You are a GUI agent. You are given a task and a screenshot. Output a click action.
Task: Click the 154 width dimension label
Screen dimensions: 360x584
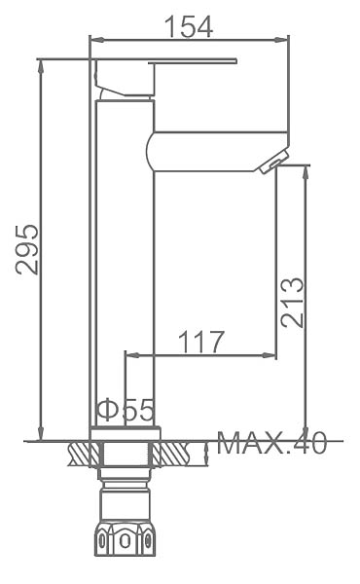point(189,26)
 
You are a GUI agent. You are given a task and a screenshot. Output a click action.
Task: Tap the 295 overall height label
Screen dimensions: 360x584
point(27,249)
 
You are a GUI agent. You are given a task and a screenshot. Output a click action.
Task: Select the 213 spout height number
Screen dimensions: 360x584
point(293,302)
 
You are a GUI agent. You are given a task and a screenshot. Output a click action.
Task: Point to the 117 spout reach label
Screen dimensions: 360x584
point(201,342)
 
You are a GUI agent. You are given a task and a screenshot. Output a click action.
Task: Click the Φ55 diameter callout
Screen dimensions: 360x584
point(126,410)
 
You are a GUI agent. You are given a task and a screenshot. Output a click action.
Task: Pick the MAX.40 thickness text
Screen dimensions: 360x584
point(271,443)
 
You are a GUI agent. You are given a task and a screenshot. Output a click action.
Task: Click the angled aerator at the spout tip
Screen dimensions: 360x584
point(274,162)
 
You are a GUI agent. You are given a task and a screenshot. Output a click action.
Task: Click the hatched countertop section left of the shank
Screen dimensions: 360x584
point(84,454)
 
